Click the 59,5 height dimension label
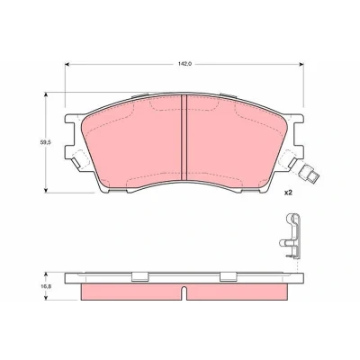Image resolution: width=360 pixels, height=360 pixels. click(x=45, y=143)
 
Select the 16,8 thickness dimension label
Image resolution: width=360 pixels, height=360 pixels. click(x=45, y=286)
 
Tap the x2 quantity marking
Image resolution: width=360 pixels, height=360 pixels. click(x=288, y=193)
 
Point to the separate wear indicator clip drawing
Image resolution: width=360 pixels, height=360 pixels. click(x=291, y=236)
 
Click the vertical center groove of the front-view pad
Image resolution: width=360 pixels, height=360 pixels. click(x=184, y=138)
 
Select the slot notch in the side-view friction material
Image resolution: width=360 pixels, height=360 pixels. click(x=184, y=292)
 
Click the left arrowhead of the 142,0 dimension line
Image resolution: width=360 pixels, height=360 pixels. click(x=67, y=64)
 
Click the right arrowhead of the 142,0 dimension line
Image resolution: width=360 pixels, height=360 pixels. click(x=301, y=64)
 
